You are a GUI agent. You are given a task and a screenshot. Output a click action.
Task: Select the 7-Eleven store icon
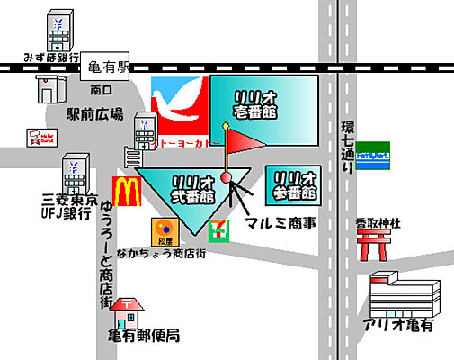[218, 229]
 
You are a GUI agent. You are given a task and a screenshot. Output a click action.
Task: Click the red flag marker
[240, 141]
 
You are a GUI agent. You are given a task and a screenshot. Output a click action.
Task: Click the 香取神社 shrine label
[376, 220]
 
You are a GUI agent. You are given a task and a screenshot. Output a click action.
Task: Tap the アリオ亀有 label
[398, 324]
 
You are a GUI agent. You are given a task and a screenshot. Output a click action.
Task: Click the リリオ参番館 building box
[293, 183]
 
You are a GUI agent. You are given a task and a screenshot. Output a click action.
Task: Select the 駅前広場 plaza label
[95, 114]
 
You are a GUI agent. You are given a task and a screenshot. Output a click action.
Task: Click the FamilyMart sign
[373, 156]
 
